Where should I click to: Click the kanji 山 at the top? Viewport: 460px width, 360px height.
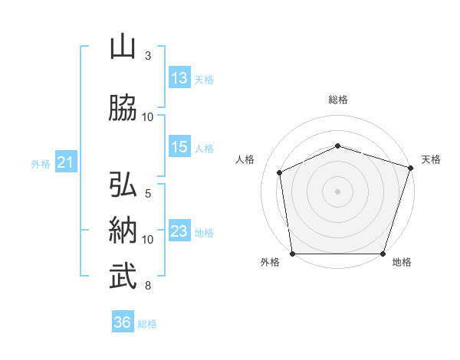click(123, 47)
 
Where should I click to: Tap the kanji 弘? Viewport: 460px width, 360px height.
click(123, 185)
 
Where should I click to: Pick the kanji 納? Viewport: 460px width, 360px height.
click(123, 231)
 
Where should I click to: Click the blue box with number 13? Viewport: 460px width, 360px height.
click(179, 77)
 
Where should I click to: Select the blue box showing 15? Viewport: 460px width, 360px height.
click(179, 147)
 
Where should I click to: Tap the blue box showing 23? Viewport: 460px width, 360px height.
click(179, 231)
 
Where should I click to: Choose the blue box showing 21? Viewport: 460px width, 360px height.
click(65, 162)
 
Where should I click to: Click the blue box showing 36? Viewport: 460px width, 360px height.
click(123, 322)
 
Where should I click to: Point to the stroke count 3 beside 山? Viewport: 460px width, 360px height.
click(148, 56)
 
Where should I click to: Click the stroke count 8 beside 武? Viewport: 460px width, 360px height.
click(148, 286)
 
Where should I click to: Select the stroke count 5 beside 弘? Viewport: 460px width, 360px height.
click(148, 194)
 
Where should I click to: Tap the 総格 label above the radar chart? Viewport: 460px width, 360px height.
click(338, 100)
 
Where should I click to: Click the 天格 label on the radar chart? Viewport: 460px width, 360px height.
click(431, 159)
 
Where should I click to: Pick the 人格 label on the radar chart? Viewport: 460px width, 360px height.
click(245, 159)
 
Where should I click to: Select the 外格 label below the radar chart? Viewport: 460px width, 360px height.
click(270, 263)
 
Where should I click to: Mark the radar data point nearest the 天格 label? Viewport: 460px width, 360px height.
click(411, 168)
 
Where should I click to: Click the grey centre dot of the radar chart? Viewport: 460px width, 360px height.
click(338, 191)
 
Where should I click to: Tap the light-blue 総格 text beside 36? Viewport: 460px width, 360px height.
click(147, 324)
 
